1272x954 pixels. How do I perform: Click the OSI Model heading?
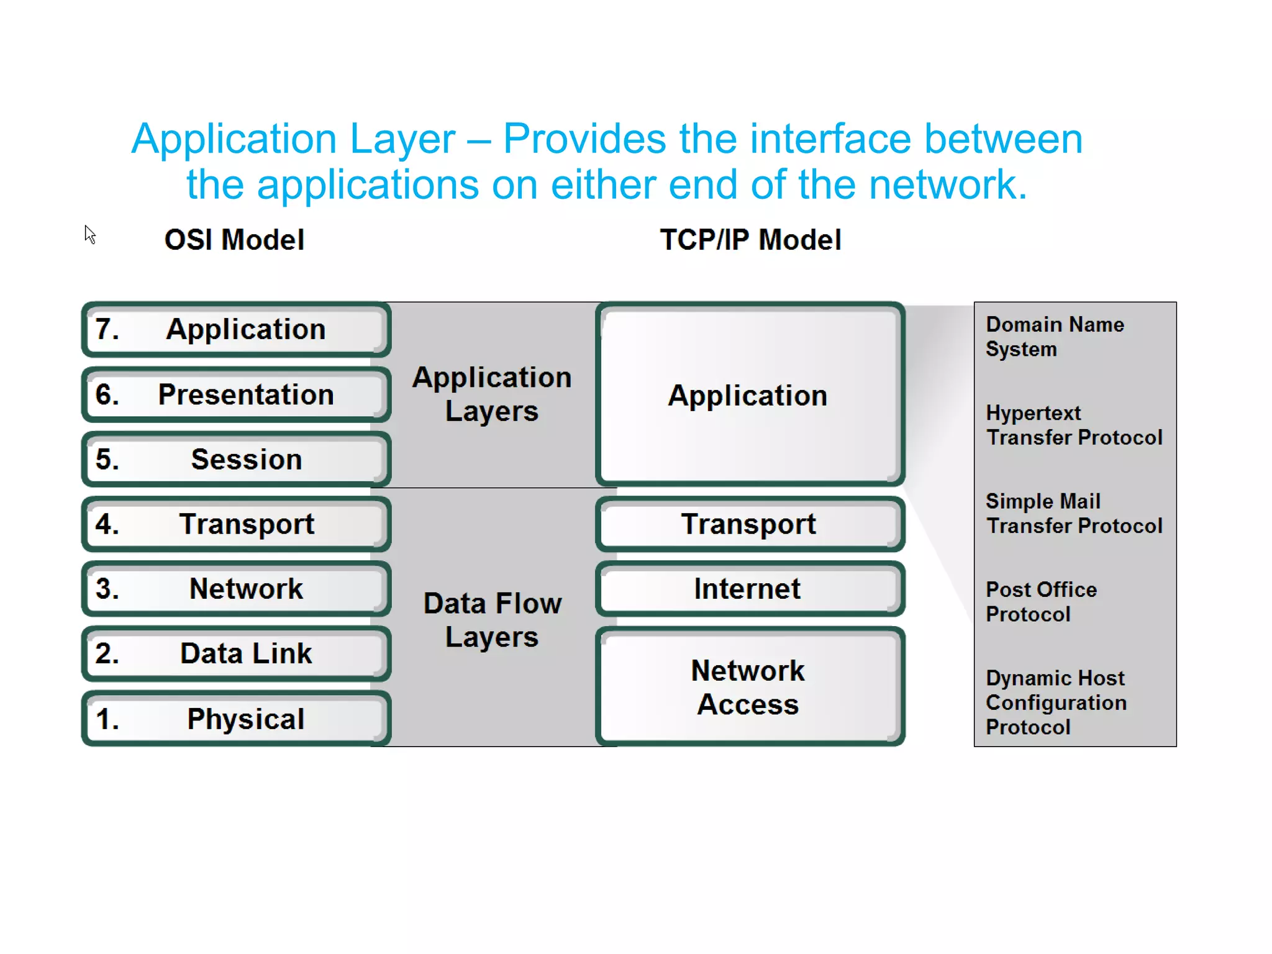[234, 240]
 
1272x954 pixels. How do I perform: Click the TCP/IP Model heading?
[750, 240]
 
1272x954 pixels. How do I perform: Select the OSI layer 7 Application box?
[236, 329]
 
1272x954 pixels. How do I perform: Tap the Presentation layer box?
[236, 394]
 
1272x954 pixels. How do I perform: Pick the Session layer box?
[236, 460]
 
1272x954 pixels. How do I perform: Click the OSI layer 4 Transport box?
[236, 524]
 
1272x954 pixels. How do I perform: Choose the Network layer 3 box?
[236, 589]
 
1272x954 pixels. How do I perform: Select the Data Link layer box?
[236, 653]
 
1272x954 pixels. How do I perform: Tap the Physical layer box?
[236, 719]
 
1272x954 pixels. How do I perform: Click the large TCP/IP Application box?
[749, 395]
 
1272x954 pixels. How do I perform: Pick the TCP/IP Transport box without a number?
[749, 524]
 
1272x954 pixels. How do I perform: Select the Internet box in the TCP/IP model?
[749, 589]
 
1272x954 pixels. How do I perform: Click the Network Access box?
[749, 687]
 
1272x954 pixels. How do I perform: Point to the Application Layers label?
[492, 394]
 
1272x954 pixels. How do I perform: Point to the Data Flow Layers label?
[492, 620]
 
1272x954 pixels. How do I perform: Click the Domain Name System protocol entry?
[1055, 337]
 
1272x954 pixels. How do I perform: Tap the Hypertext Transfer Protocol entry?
[1073, 425]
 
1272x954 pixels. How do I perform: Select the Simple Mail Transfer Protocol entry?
[1073, 514]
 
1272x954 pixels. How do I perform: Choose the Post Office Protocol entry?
[1041, 602]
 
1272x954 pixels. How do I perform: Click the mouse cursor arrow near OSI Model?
[89, 234]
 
